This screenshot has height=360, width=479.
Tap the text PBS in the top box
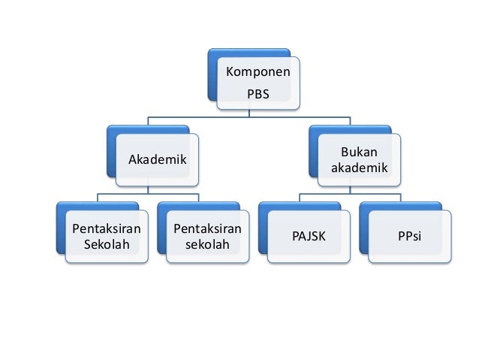(x=258, y=95)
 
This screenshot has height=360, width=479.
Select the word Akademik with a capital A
(x=157, y=159)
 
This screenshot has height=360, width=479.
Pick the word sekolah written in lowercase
(x=206, y=244)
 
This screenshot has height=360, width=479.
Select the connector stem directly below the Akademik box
(x=148, y=190)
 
